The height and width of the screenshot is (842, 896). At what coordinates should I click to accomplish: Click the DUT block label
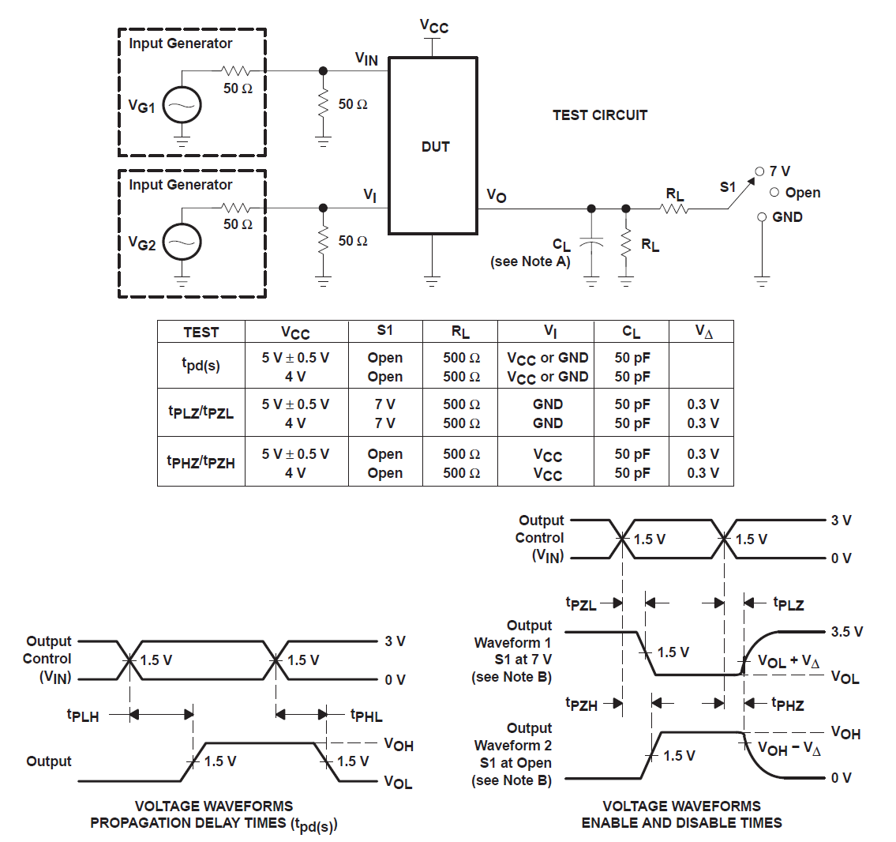[x=435, y=147]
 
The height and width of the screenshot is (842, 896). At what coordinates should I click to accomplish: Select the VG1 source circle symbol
[x=182, y=106]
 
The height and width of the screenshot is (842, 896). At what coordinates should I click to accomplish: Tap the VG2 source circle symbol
[x=182, y=243]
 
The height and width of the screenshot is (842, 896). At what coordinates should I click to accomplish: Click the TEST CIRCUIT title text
[x=600, y=115]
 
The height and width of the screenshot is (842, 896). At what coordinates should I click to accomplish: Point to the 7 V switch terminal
[x=759, y=171]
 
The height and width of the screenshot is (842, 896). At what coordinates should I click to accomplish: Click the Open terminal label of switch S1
[x=802, y=193]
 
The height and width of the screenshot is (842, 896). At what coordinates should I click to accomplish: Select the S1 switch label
[x=727, y=187]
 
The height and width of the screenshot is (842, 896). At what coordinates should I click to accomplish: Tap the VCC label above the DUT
[x=433, y=26]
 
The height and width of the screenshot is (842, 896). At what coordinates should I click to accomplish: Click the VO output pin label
[x=496, y=195]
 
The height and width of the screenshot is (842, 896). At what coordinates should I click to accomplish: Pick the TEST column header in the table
[x=201, y=333]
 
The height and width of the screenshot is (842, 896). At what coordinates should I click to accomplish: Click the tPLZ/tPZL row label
[x=201, y=412]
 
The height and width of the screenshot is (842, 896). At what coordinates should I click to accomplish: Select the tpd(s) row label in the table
[x=201, y=365]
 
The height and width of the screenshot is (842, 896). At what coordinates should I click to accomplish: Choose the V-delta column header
[x=703, y=332]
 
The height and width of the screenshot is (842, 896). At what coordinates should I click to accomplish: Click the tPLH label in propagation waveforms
[x=83, y=716]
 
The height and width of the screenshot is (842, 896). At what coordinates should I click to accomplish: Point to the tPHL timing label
[x=366, y=716]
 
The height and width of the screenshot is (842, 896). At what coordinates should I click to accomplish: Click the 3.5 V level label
[x=846, y=632]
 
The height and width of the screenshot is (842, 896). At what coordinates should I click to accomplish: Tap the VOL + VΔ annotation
[x=789, y=661]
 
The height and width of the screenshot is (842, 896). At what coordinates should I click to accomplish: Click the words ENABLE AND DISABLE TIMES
[x=681, y=823]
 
